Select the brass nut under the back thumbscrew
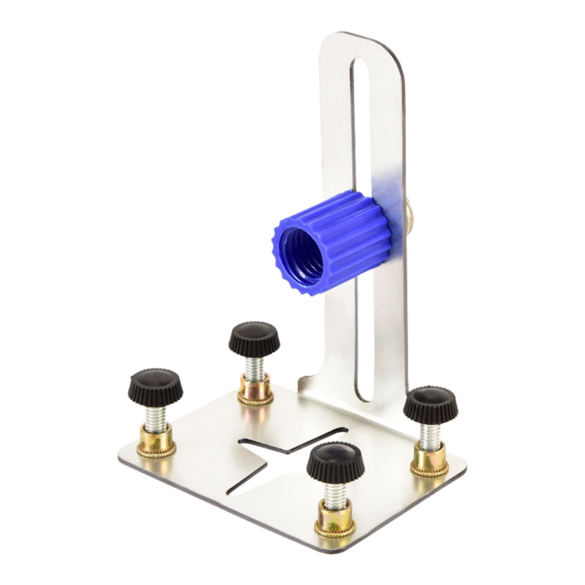pos(255,389)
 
